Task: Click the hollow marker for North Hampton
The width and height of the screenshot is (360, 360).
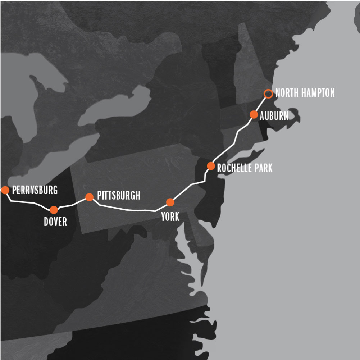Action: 268,94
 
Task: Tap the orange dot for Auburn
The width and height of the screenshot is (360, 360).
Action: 254,115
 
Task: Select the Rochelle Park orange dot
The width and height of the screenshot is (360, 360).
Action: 211,166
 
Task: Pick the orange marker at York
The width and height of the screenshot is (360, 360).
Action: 170,202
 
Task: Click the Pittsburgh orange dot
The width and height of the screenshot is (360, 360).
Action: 89,197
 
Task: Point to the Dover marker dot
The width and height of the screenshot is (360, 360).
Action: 54,210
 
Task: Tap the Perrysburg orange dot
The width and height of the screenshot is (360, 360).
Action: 5,190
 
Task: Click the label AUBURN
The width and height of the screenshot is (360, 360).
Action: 274,115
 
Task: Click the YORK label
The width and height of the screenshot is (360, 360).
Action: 170,217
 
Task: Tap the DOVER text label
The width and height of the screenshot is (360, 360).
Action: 55,222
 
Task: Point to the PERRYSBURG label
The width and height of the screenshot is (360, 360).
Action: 35,190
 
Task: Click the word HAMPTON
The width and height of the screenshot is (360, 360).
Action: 318,93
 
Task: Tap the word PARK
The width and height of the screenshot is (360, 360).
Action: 263,168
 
